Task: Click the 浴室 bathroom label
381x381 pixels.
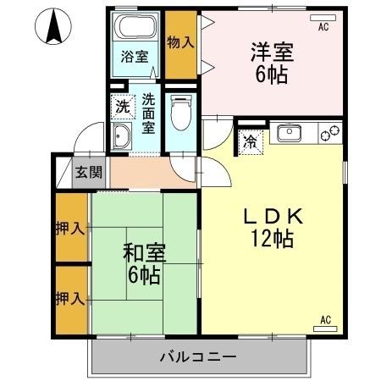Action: pos(134,58)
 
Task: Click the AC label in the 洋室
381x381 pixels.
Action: pos(322,28)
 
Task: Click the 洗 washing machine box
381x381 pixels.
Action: pos(124,107)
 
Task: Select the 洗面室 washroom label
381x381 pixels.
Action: pos(148,113)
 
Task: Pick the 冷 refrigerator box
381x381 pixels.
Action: pos(251,141)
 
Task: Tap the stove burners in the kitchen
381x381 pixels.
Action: pos(329,133)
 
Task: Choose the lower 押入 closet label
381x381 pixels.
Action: pos(69,298)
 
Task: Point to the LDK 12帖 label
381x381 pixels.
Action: pos(271,227)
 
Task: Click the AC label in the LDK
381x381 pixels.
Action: pos(325,319)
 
